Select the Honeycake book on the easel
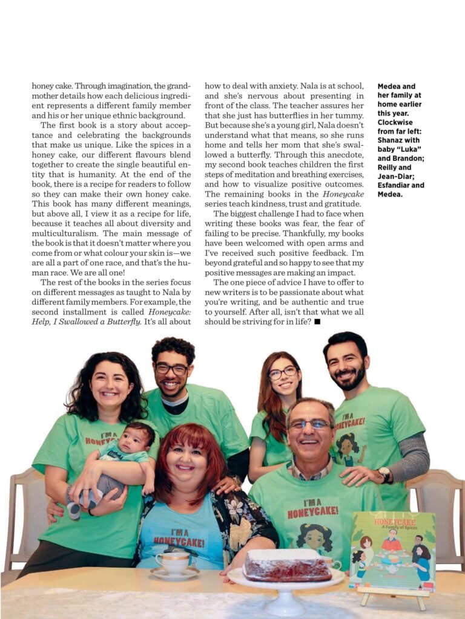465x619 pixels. [x=392, y=550]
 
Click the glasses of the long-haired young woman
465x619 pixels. [x=282, y=372]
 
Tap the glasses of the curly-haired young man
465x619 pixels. [x=172, y=368]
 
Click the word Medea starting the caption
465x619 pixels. [x=391, y=86]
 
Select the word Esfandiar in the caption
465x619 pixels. [x=401, y=185]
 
